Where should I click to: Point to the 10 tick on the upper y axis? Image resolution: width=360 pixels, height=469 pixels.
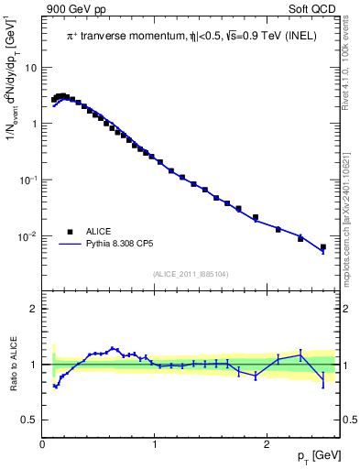31,68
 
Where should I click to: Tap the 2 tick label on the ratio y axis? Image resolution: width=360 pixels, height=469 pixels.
34,309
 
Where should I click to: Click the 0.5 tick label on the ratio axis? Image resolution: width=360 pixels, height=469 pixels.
29,420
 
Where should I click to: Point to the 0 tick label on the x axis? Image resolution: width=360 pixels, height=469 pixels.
43,444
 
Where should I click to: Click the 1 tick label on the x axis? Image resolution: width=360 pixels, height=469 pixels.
155,444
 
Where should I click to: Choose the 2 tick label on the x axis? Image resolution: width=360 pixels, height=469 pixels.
267,444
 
